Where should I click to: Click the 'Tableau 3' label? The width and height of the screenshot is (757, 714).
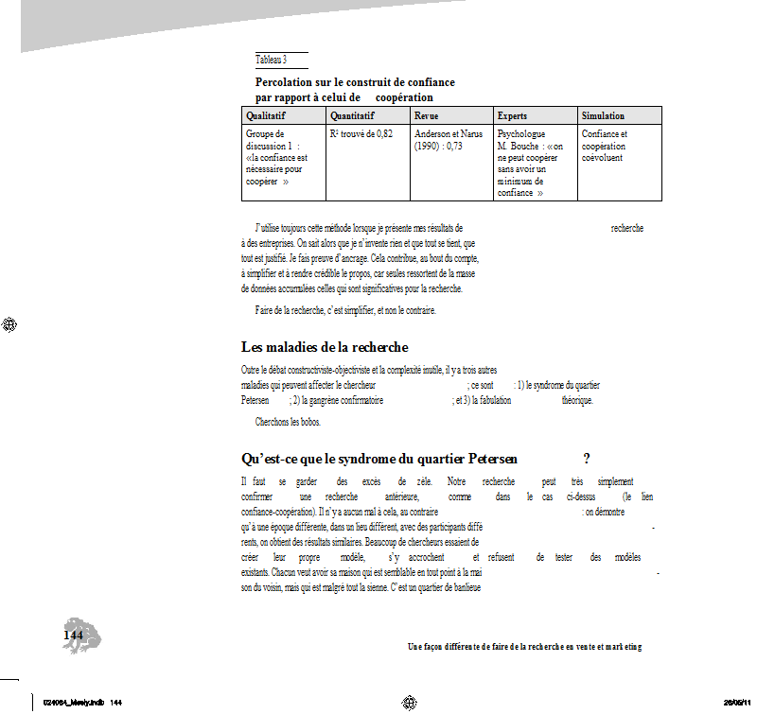pos(271,60)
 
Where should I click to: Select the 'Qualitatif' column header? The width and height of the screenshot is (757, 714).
pos(266,115)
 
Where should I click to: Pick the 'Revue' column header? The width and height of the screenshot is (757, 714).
pos(427,115)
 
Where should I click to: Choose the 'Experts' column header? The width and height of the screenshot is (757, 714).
pos(512,115)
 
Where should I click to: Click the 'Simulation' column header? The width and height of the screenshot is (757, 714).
pos(603,115)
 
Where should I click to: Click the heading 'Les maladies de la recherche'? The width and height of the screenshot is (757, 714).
pos(325,347)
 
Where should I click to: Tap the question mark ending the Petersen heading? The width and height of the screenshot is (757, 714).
pos(587,460)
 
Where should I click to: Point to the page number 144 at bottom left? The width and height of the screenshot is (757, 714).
pos(73,635)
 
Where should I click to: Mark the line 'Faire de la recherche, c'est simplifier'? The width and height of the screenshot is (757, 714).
pos(344,310)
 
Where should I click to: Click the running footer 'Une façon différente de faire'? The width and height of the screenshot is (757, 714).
pos(524,647)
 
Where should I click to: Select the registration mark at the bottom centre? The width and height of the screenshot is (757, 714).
pos(410,702)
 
